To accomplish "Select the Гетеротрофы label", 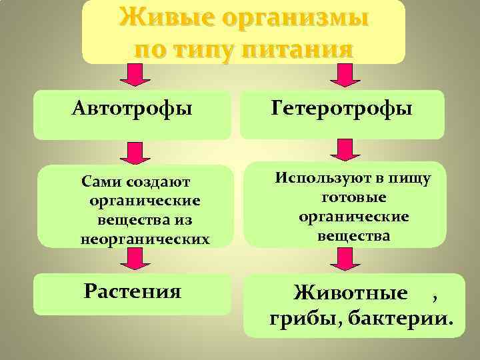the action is [x=341, y=108].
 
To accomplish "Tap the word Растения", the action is [x=133, y=291].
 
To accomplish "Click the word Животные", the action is [x=351, y=293].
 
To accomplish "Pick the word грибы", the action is [x=298, y=319].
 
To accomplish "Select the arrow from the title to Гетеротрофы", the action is [x=344, y=75].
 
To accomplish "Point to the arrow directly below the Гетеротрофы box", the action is [x=344, y=150].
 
